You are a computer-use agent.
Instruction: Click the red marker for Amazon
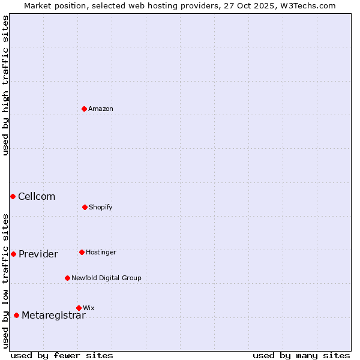point(85,109)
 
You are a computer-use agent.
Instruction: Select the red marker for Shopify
point(85,207)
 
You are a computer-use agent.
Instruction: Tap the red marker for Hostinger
point(82,252)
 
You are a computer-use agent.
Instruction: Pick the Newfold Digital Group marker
point(67,278)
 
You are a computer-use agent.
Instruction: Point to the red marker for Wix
point(79,308)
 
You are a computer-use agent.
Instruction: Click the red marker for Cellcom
point(13,196)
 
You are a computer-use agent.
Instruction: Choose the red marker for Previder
point(13,254)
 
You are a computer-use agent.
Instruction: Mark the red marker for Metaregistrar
point(16,315)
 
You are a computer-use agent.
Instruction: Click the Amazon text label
point(101,109)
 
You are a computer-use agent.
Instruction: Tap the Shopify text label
point(101,207)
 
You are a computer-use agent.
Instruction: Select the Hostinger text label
point(101,252)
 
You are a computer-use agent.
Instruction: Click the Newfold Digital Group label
point(106,278)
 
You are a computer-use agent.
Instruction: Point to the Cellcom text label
point(37,196)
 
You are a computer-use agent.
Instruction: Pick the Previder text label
point(38,254)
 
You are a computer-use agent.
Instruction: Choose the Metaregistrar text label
point(53,316)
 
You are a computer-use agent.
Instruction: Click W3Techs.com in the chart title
point(305,5)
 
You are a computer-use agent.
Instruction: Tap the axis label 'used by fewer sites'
point(62,355)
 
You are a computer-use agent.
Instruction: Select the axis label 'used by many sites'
point(301,355)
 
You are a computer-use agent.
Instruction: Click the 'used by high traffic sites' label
point(5,86)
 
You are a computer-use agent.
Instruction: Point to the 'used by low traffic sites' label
point(5,281)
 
